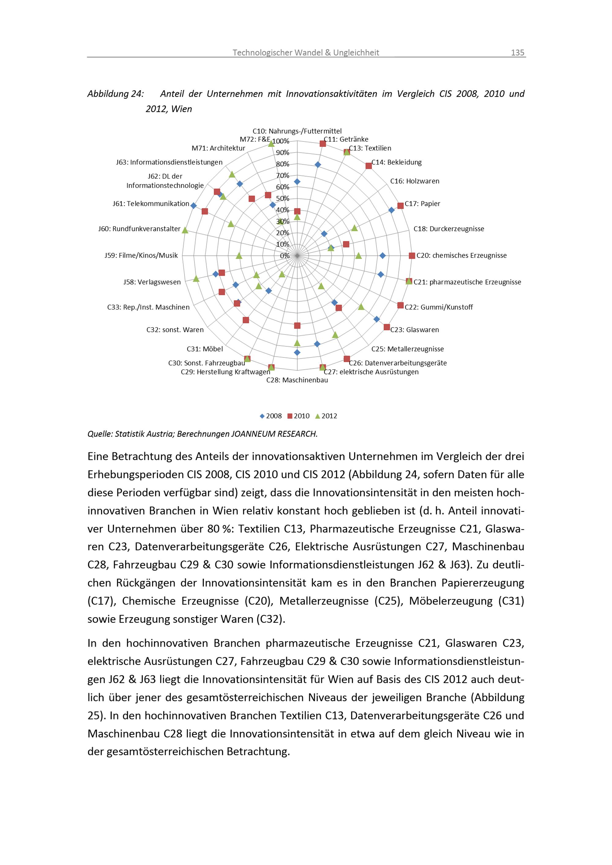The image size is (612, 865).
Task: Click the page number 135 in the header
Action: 517,53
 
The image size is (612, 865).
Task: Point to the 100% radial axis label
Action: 281,141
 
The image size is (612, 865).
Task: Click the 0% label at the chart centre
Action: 285,256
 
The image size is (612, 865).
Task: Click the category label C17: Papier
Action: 423,204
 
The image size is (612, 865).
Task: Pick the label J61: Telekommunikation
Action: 151,204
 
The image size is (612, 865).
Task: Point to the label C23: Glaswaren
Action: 415,330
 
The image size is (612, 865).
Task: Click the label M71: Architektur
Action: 218,148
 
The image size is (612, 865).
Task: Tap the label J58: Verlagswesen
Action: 152,282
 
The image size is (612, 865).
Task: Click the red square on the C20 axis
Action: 412,256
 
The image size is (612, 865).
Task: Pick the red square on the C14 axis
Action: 368,166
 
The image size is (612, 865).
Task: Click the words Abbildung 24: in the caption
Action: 115,94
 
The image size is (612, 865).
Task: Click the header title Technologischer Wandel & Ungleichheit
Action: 306,53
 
